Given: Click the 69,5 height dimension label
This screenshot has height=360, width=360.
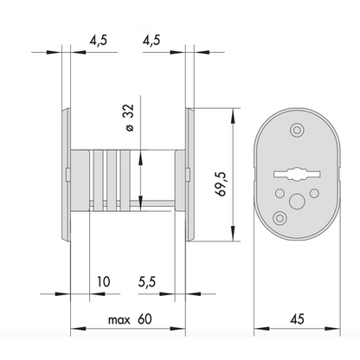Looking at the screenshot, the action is pyautogui.click(x=222, y=183).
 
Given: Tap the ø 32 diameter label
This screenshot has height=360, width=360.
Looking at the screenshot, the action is pyautogui.click(x=130, y=118).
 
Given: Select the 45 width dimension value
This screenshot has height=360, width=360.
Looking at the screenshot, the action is pyautogui.click(x=297, y=319).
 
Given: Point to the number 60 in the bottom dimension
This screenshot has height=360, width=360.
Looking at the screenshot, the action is pyautogui.click(x=145, y=319).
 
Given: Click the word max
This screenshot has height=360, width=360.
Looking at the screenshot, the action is pyautogui.click(x=119, y=320).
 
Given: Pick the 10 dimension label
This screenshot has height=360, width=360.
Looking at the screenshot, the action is pyautogui.click(x=103, y=281).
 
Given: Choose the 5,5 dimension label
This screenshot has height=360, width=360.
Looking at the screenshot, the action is pyautogui.click(x=147, y=282).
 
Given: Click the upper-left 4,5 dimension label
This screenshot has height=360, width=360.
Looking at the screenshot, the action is pyautogui.click(x=98, y=40).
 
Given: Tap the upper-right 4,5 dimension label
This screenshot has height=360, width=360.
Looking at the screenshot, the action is pyautogui.click(x=151, y=40).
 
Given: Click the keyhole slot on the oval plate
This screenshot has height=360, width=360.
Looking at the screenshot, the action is pyautogui.click(x=297, y=174).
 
